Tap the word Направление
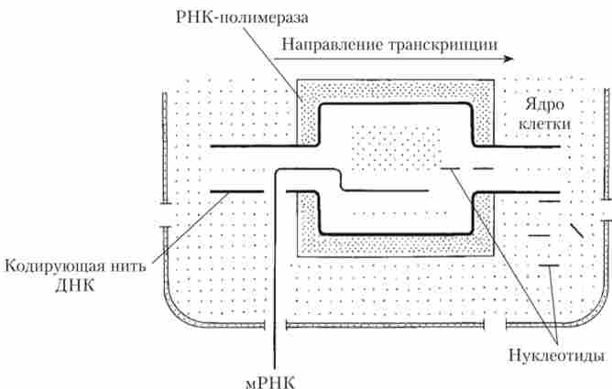[323, 43]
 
